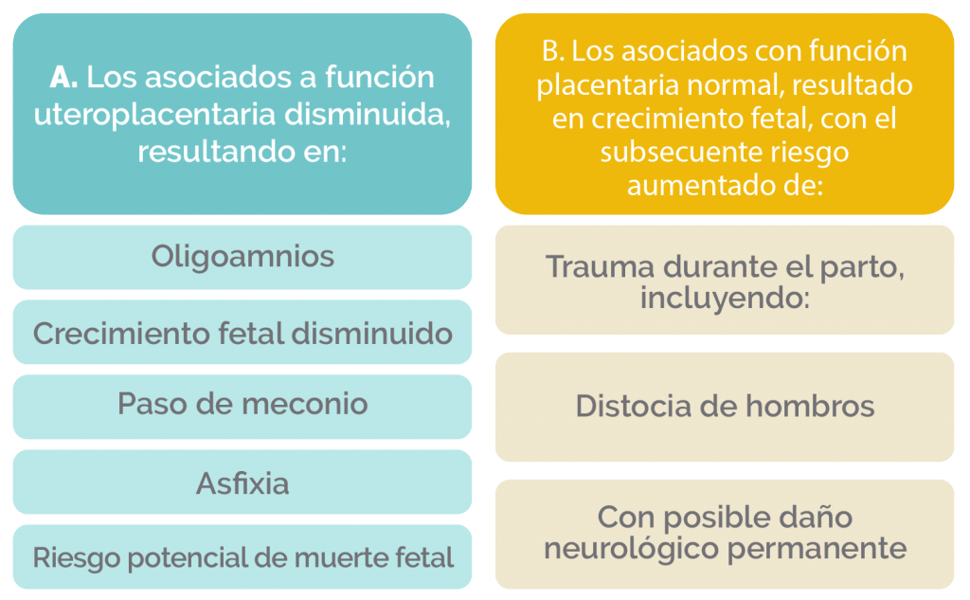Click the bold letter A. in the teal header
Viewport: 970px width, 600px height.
[x=63, y=78]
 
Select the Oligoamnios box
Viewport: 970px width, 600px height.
[x=242, y=257]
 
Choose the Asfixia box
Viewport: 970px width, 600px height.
[x=242, y=482]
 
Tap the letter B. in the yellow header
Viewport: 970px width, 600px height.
[x=552, y=51]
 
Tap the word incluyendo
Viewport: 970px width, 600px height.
[x=721, y=298]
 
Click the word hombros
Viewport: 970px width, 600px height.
[x=810, y=407]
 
